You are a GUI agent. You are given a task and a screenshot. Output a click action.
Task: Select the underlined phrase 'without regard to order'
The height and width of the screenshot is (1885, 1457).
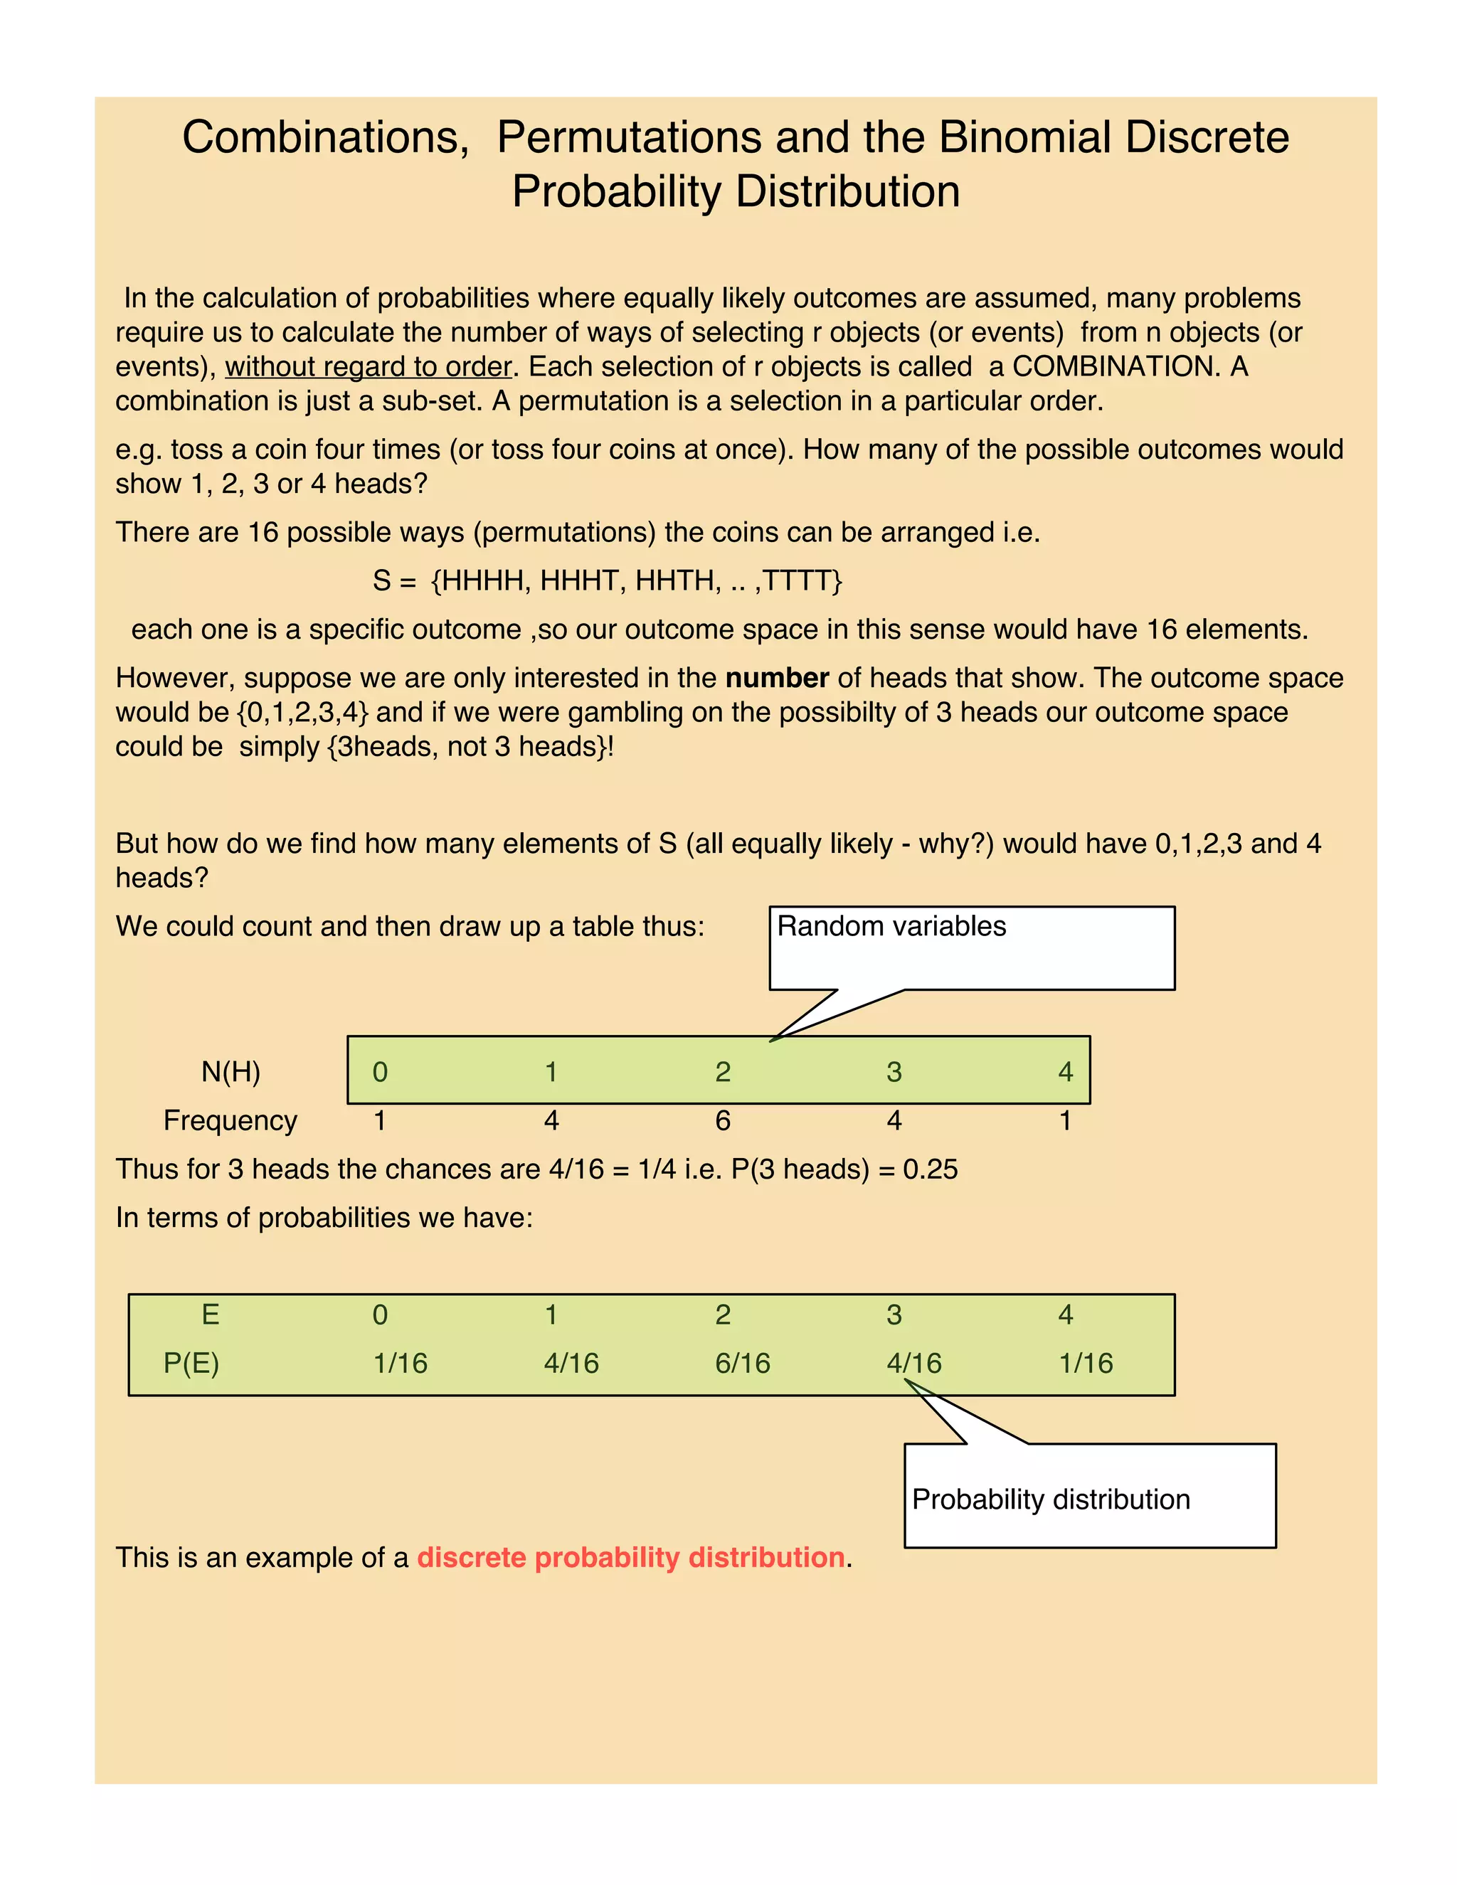click(369, 367)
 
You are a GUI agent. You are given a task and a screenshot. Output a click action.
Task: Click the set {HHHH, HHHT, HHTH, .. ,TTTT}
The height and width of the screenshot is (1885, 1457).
click(635, 580)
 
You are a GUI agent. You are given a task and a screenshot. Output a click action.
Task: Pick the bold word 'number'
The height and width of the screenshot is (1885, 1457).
click(777, 677)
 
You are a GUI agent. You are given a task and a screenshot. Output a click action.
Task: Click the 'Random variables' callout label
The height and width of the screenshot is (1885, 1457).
click(891, 926)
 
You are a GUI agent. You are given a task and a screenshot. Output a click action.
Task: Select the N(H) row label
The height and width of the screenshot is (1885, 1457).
click(231, 1072)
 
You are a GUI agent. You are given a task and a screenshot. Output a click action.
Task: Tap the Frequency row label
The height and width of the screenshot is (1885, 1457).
click(230, 1120)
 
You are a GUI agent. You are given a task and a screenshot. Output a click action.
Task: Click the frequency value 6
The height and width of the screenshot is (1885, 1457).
click(723, 1120)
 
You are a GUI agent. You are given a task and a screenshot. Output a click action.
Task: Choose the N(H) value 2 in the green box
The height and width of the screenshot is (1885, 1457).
click(723, 1072)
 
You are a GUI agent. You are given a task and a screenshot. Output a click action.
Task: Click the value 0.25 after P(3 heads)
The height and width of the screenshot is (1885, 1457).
click(930, 1169)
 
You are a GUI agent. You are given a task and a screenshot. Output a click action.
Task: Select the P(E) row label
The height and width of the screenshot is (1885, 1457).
click(191, 1363)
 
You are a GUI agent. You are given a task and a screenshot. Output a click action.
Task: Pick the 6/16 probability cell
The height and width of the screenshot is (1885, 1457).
click(742, 1363)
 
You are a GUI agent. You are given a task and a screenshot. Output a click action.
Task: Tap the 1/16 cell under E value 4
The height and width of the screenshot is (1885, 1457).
click(1085, 1363)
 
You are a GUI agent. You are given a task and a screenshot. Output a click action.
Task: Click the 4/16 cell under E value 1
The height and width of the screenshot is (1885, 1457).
click(571, 1363)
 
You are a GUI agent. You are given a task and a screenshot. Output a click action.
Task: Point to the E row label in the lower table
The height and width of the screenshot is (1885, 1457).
click(210, 1315)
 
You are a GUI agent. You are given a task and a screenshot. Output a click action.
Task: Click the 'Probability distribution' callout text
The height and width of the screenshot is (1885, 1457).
click(1051, 1499)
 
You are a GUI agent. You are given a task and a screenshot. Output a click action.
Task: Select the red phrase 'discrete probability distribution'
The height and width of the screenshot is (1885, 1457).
click(630, 1557)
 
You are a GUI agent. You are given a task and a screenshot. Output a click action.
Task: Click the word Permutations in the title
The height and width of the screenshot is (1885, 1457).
click(628, 137)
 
